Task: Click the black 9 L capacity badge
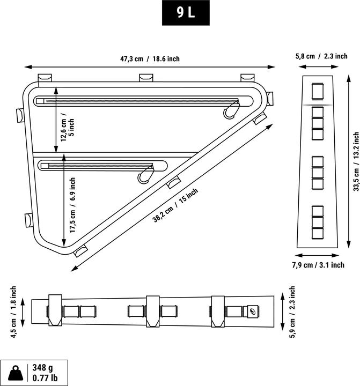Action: [x=186, y=13]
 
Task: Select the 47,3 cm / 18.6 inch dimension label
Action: [x=150, y=59]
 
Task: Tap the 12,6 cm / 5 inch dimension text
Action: [x=68, y=127]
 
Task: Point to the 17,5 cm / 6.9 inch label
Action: [x=72, y=205]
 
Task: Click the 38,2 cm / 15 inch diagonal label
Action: [x=175, y=205]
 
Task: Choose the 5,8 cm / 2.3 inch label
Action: [x=321, y=56]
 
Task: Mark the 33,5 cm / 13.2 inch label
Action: [x=356, y=161]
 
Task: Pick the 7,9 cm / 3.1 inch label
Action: [x=318, y=265]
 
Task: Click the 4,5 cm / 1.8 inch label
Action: [x=13, y=312]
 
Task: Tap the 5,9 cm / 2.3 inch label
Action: [x=292, y=312]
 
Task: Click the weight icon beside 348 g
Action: [x=16, y=373]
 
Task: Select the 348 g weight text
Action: [x=42, y=368]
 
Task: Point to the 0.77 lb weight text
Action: [x=45, y=378]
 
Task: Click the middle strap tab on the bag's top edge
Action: [x=146, y=78]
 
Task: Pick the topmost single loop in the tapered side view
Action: [x=318, y=92]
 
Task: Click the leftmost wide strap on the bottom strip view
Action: [x=55, y=310]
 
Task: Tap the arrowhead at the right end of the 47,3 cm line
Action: [x=272, y=66]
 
